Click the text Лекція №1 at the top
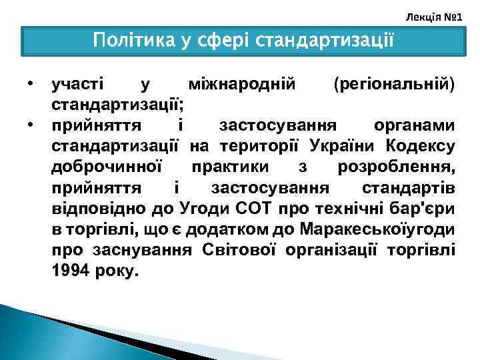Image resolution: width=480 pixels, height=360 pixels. click(442, 13)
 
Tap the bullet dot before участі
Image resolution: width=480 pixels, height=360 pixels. click(30, 85)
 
